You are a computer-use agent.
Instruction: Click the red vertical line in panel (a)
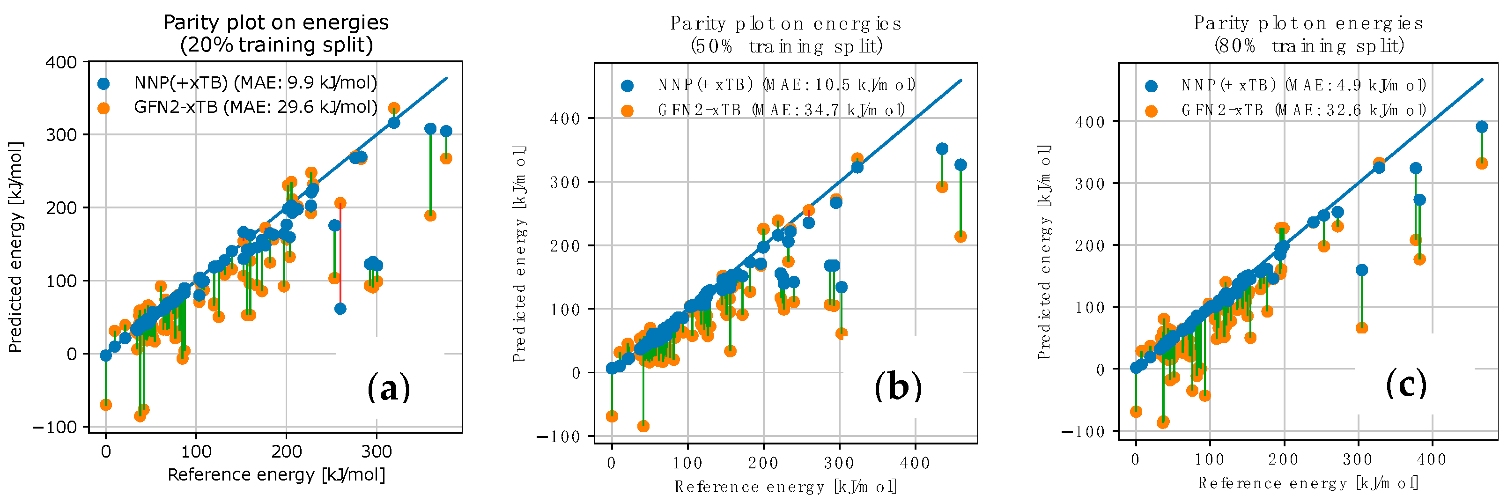(x=340, y=257)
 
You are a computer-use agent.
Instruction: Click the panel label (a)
(x=388, y=388)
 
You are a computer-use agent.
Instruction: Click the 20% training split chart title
(x=276, y=33)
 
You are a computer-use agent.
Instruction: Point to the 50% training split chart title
(x=786, y=35)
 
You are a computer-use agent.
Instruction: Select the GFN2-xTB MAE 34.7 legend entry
(x=781, y=110)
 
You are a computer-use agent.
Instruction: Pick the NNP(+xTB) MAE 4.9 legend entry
(x=1303, y=85)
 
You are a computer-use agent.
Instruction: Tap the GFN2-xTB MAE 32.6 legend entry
(x=1303, y=110)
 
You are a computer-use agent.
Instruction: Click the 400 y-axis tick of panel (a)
(x=61, y=62)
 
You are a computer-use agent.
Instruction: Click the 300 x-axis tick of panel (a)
(x=376, y=451)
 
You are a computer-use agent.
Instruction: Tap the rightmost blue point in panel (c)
(x=1482, y=127)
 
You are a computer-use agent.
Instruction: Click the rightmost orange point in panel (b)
(x=960, y=237)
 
